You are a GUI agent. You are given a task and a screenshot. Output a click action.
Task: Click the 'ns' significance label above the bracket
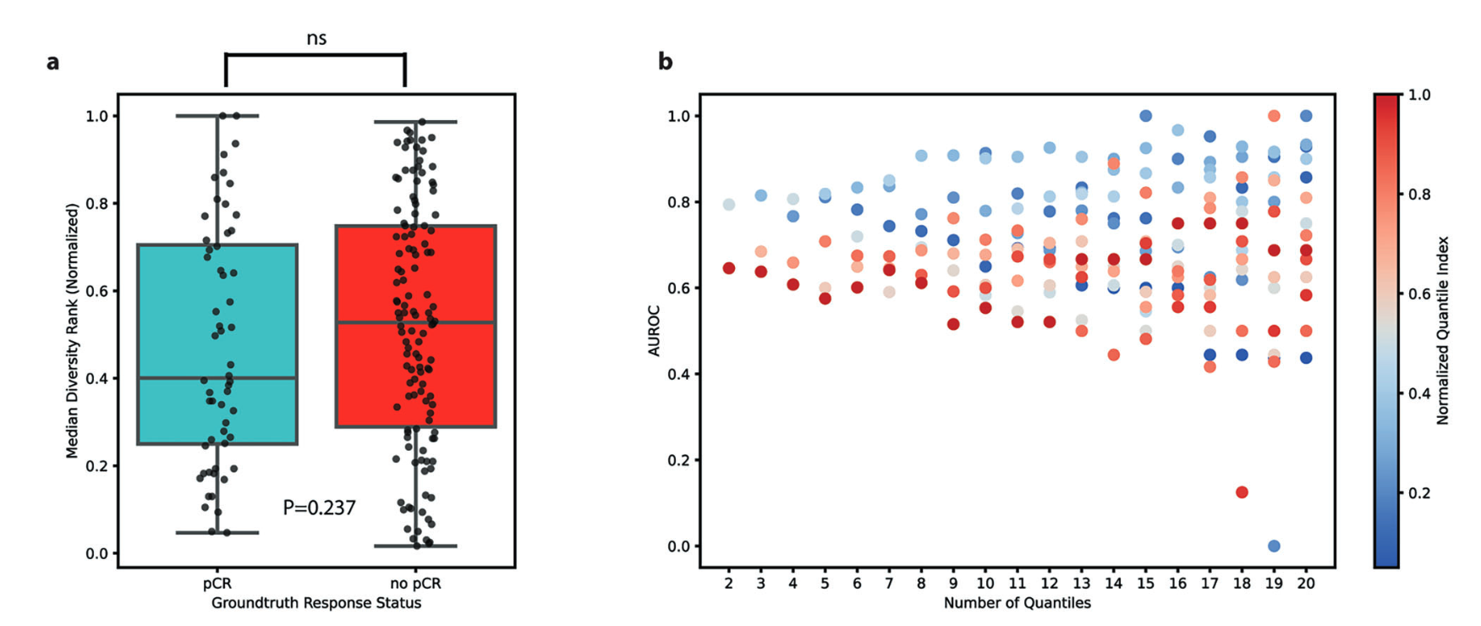coord(316,39)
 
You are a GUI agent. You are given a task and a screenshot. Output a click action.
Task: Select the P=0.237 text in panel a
coord(319,508)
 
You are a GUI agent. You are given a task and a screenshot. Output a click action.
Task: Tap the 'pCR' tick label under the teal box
coord(217,584)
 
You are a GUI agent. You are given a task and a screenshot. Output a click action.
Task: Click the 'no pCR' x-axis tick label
coord(415,584)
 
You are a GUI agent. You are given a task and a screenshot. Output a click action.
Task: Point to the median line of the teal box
coord(217,378)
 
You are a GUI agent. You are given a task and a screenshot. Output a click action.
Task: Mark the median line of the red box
coord(415,322)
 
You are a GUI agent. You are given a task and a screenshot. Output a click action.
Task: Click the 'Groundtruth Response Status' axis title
coord(316,603)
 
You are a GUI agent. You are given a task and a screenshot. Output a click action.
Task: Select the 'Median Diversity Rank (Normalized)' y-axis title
coord(72,331)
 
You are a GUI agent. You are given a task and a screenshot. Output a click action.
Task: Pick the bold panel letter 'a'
coord(52,62)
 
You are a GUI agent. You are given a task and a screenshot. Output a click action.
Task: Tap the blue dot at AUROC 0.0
coord(1274,546)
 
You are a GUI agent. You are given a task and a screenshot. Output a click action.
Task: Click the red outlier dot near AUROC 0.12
coord(1242,492)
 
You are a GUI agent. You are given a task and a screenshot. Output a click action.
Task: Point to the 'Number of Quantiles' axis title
coord(1018,603)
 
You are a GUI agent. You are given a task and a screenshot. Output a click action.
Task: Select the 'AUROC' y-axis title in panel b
coord(654,331)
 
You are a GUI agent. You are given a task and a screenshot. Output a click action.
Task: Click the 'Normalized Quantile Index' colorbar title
coord(1443,331)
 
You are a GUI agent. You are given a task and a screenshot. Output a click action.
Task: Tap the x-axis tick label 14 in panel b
coord(1113,584)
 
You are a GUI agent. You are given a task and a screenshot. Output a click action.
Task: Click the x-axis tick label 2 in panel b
coord(729,584)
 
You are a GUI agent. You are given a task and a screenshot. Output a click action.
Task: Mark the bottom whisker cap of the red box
coord(415,546)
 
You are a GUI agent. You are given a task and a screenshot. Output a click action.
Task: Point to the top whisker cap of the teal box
coord(217,116)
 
